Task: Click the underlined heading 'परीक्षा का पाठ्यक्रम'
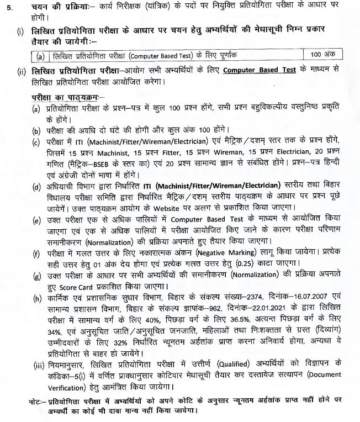point(64,98)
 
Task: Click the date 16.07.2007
point(301,297)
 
